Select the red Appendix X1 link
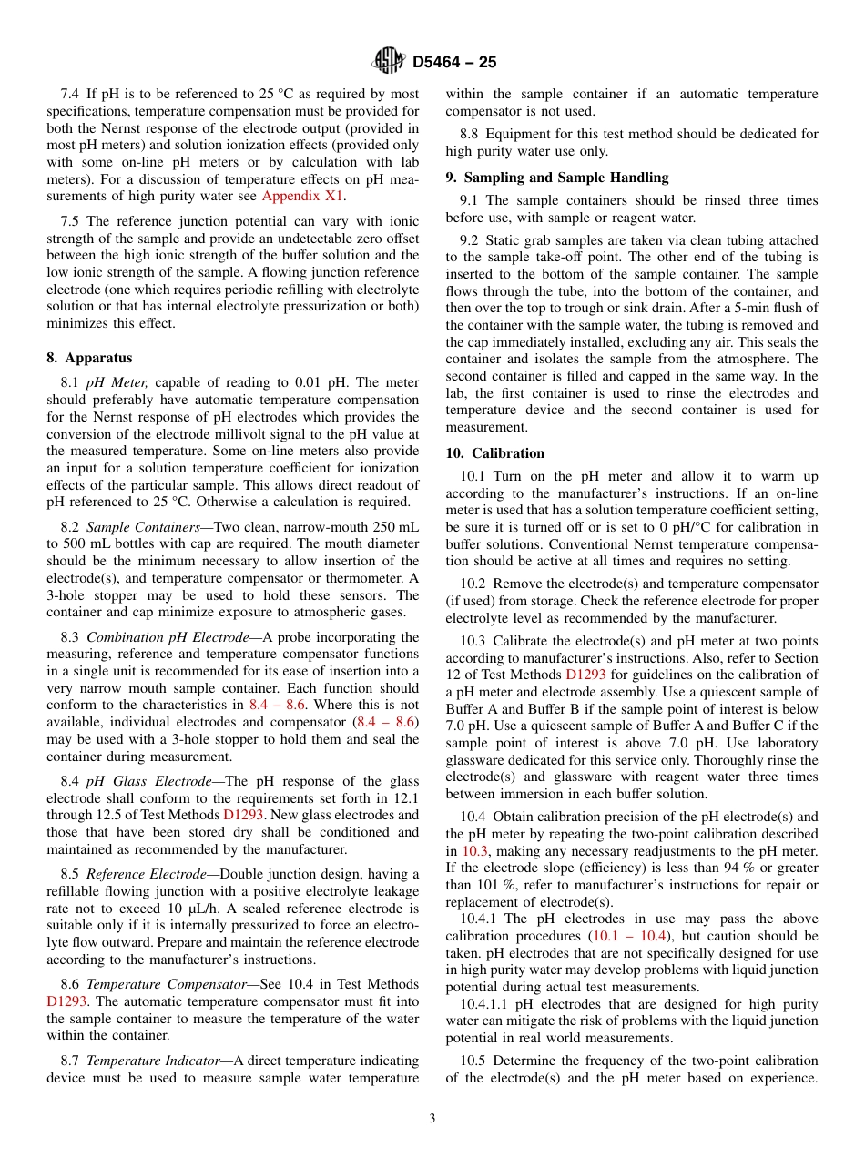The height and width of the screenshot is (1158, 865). (x=303, y=195)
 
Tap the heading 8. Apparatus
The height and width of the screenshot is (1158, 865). (x=89, y=358)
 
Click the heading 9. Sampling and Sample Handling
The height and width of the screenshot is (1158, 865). (x=556, y=178)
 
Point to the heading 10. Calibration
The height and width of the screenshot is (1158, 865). (x=495, y=453)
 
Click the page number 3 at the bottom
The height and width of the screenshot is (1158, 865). (x=432, y=1119)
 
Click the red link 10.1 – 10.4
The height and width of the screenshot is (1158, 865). (x=631, y=936)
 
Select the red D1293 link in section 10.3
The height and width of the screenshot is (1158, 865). (x=585, y=675)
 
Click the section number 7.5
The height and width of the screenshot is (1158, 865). (x=70, y=221)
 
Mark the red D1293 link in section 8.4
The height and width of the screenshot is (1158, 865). (x=242, y=815)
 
